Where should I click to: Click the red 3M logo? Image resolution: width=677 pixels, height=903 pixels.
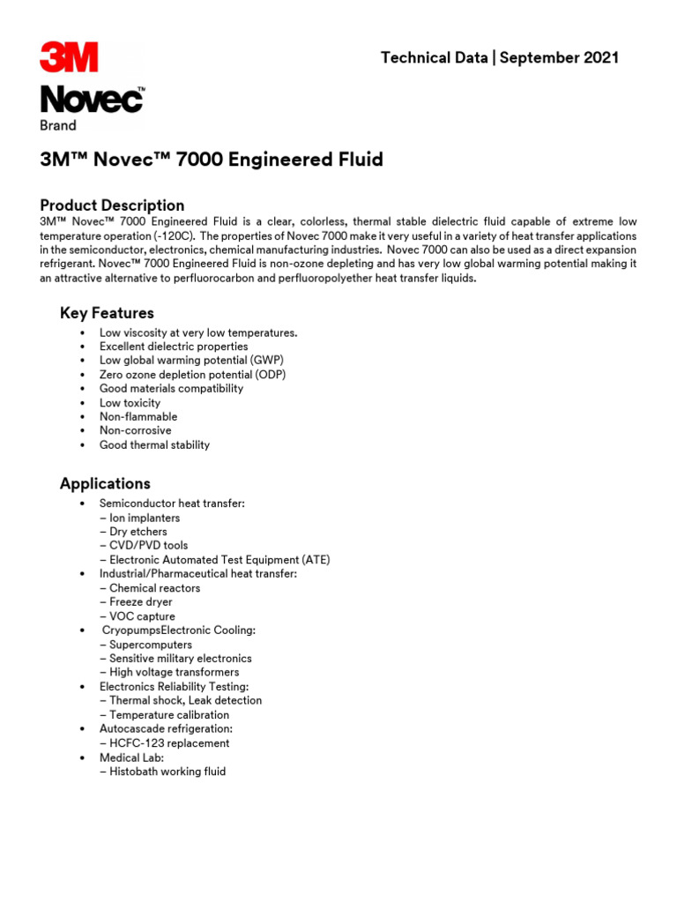[x=69, y=57]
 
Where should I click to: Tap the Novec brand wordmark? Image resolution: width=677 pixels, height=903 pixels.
[x=92, y=100]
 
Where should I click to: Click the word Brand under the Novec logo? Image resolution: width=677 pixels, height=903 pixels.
[x=58, y=125]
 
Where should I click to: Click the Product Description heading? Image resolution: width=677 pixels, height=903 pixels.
[x=112, y=205]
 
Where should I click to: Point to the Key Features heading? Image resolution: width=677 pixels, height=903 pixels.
[x=107, y=313]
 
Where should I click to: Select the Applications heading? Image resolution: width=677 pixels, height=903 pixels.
[x=105, y=483]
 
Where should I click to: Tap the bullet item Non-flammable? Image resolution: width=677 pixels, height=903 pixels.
[x=138, y=416]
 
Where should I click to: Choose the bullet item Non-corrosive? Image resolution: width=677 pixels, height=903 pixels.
[x=136, y=430]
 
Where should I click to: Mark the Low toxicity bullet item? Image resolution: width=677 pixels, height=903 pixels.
[x=130, y=402]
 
